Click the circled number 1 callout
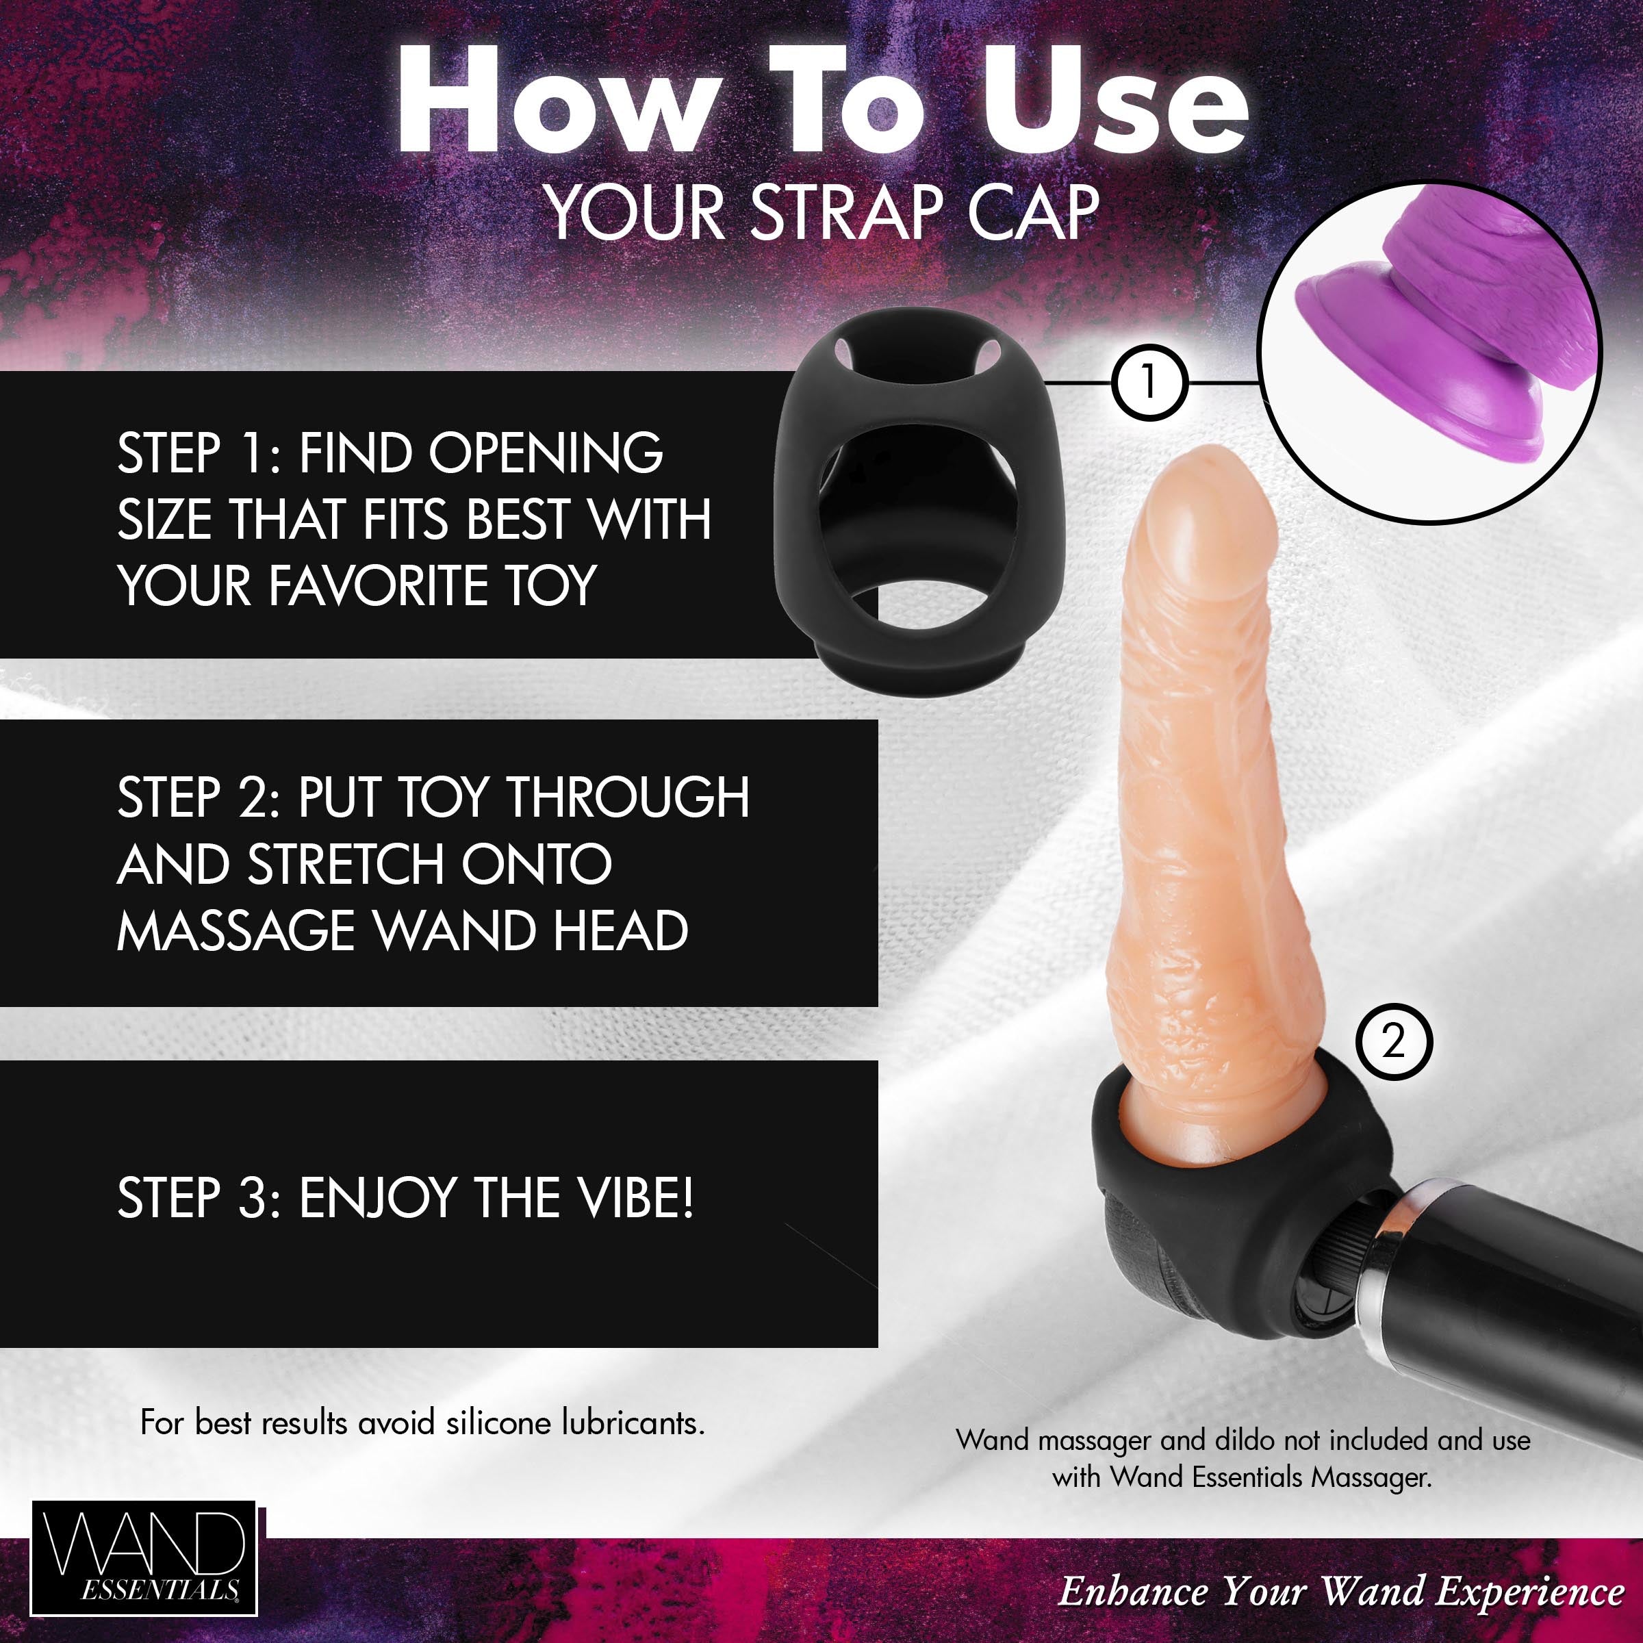pyautogui.click(x=1148, y=383)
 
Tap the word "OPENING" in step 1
pyautogui.click(x=545, y=453)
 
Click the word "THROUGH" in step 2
pyautogui.click(x=628, y=798)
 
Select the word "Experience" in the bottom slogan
pyautogui.click(x=1530, y=1591)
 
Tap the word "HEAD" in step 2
pyautogui.click(x=622, y=931)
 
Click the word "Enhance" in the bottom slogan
pyautogui.click(x=1132, y=1591)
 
